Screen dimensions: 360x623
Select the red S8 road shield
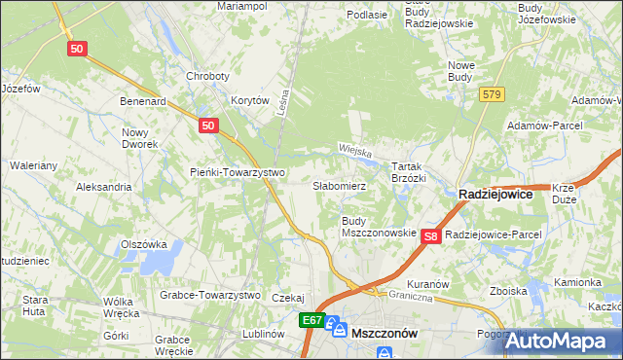[x=433, y=235]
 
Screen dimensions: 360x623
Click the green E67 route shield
[x=311, y=320]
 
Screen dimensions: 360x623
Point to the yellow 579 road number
[x=491, y=93]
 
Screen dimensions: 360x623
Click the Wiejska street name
[x=356, y=150]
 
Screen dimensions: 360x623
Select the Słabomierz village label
[x=339, y=185]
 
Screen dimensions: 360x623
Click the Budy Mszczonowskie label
[x=379, y=228]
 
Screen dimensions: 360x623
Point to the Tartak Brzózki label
[x=409, y=172]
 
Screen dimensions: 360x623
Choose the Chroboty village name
[x=207, y=77]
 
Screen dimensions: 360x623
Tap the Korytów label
[x=249, y=100]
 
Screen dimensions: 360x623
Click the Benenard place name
[x=143, y=100]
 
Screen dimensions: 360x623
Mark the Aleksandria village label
[x=103, y=186]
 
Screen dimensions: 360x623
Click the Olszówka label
[x=144, y=244]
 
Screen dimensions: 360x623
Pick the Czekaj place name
[x=289, y=298]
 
